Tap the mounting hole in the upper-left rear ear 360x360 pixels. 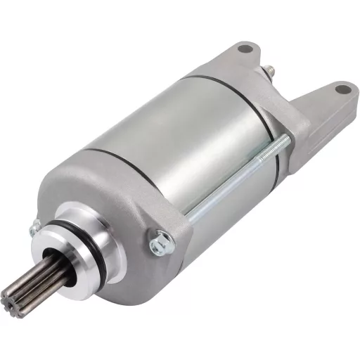245,49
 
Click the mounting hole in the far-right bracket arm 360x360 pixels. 341,89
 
